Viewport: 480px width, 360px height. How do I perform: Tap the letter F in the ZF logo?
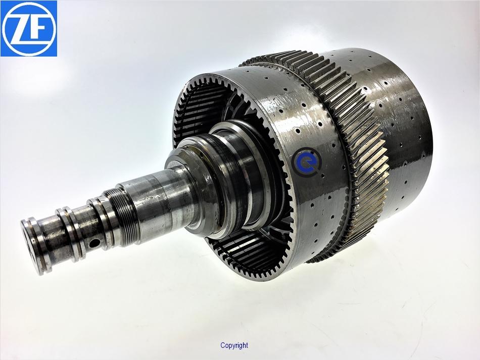click(x=39, y=30)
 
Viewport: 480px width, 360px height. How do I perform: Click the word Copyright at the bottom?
click(x=234, y=345)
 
